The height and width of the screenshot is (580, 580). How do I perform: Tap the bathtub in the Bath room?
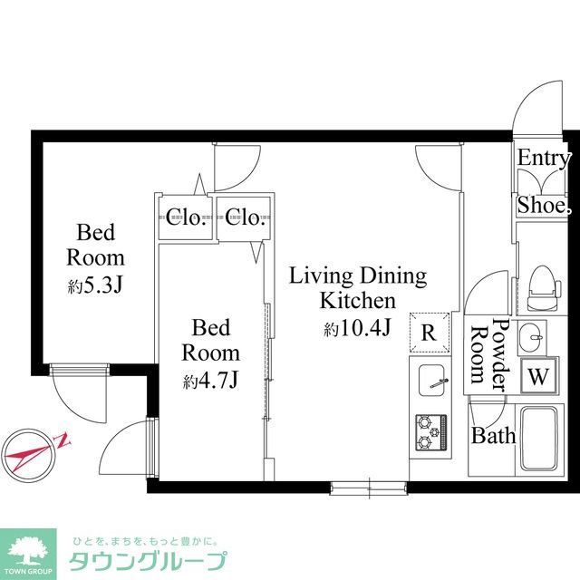coord(545,437)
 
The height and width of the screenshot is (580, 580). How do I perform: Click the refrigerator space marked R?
coord(429,333)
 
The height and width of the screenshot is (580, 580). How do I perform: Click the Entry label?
coord(544,158)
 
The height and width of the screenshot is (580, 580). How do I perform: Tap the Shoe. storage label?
coord(544,206)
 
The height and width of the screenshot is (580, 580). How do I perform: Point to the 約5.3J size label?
coord(95,286)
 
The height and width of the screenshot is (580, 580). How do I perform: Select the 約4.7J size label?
coord(210,381)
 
